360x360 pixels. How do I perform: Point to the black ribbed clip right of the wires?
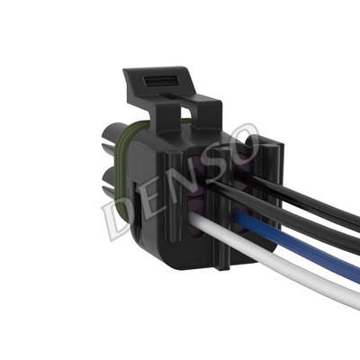point(270,180)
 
